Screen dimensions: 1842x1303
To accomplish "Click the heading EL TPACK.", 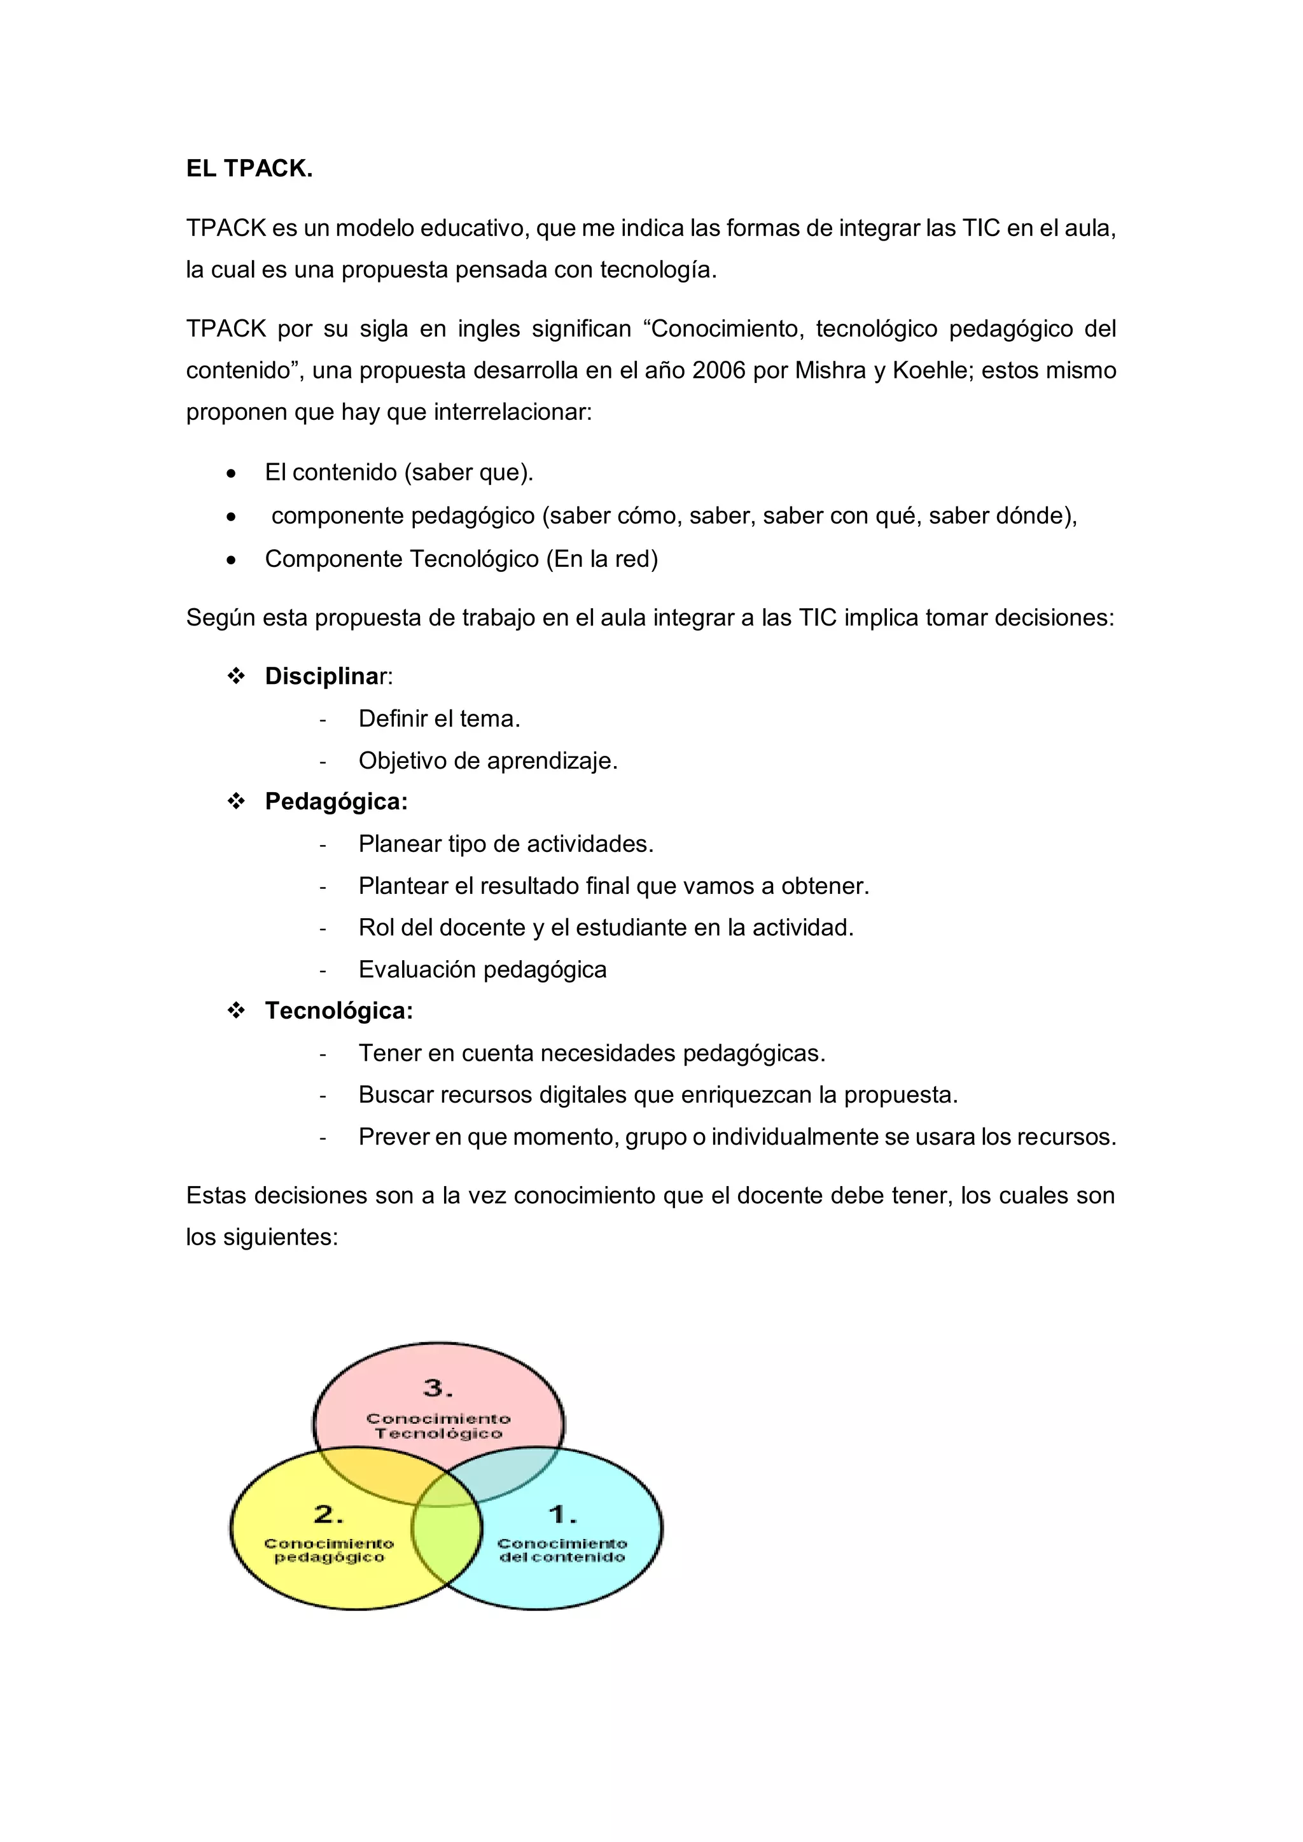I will (x=249, y=169).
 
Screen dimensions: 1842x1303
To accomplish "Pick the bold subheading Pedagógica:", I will (x=336, y=802).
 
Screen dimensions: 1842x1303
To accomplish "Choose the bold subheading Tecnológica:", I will (x=338, y=1011).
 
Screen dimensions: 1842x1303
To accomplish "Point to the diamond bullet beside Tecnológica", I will (x=236, y=1011).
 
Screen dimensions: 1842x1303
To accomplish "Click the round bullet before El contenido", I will (x=231, y=473).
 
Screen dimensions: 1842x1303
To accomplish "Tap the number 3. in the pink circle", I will (x=438, y=1388).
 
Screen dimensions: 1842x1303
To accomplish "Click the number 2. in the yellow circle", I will (x=329, y=1515).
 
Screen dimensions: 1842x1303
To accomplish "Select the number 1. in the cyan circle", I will (x=562, y=1515).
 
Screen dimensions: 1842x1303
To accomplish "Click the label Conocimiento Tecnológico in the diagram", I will (x=438, y=1427).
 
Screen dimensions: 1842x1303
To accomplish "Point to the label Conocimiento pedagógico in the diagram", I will (x=329, y=1551).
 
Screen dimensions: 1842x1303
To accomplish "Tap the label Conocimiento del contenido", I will (x=562, y=1551).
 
